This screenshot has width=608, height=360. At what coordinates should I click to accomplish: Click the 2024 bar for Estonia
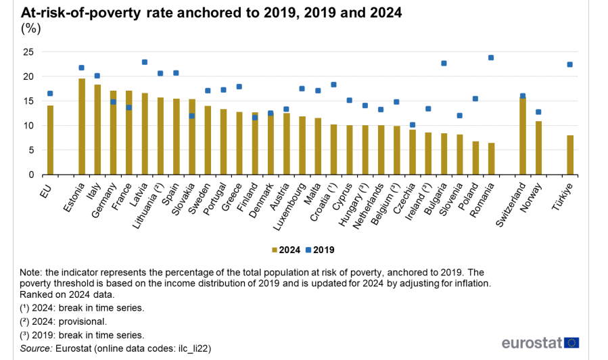coord(82,127)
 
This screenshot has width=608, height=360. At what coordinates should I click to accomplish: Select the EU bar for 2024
coord(50,140)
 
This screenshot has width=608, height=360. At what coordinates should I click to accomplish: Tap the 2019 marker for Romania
coord(491,58)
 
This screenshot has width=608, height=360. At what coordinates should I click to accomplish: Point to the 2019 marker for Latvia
coord(145,62)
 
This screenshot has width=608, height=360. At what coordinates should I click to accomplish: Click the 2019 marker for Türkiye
coord(569,64)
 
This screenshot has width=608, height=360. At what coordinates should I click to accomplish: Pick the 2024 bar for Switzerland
coord(522,136)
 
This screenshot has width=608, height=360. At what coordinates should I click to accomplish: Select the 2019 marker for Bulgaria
coord(444,63)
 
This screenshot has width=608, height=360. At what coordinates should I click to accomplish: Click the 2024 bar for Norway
coord(538,148)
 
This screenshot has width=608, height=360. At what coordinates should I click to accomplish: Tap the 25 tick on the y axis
coord(28,52)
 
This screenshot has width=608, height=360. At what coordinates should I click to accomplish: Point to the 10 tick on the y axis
coord(28,126)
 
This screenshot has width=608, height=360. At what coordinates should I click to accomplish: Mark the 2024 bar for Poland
coord(475,158)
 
